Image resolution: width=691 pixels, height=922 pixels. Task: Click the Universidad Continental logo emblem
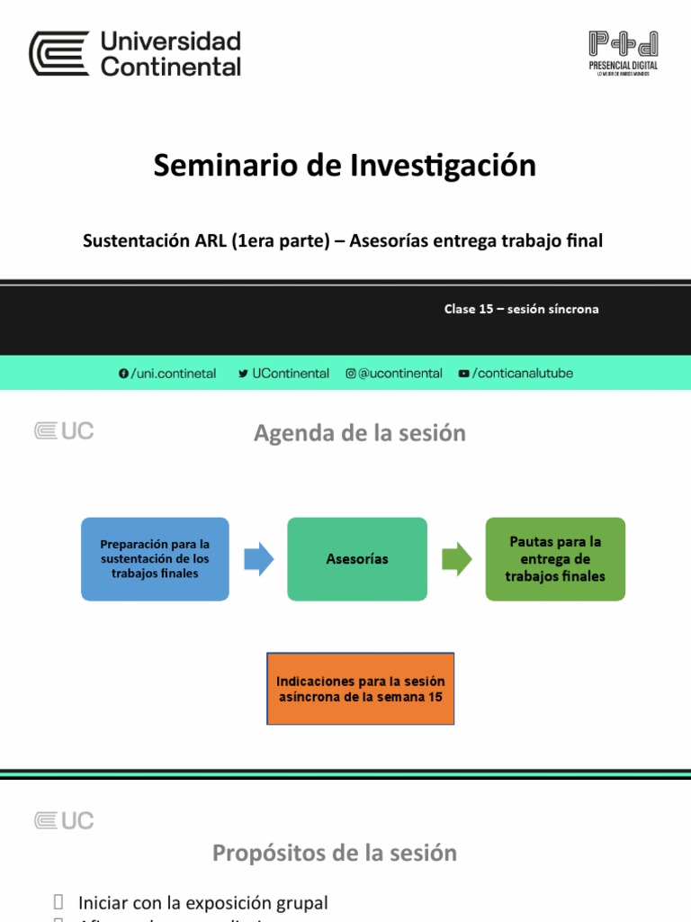(59, 53)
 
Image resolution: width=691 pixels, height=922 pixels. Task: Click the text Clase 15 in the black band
(469, 309)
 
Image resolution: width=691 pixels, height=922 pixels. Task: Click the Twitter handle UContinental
(290, 373)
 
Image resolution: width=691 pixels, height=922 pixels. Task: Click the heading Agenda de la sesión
(360, 433)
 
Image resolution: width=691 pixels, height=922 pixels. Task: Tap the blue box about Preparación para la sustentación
(155, 558)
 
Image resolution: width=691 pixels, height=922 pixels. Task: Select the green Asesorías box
(357, 558)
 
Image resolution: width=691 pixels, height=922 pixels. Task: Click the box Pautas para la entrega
(555, 558)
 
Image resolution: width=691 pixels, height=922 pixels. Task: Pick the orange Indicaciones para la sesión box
(360, 689)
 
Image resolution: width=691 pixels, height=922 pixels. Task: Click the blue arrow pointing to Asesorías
(259, 558)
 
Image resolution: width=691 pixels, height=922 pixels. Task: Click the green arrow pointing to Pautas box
(456, 558)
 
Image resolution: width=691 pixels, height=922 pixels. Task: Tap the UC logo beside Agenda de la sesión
(64, 431)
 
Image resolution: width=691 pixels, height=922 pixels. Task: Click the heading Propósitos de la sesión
(335, 853)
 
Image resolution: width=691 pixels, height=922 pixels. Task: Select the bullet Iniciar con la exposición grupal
(202, 902)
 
